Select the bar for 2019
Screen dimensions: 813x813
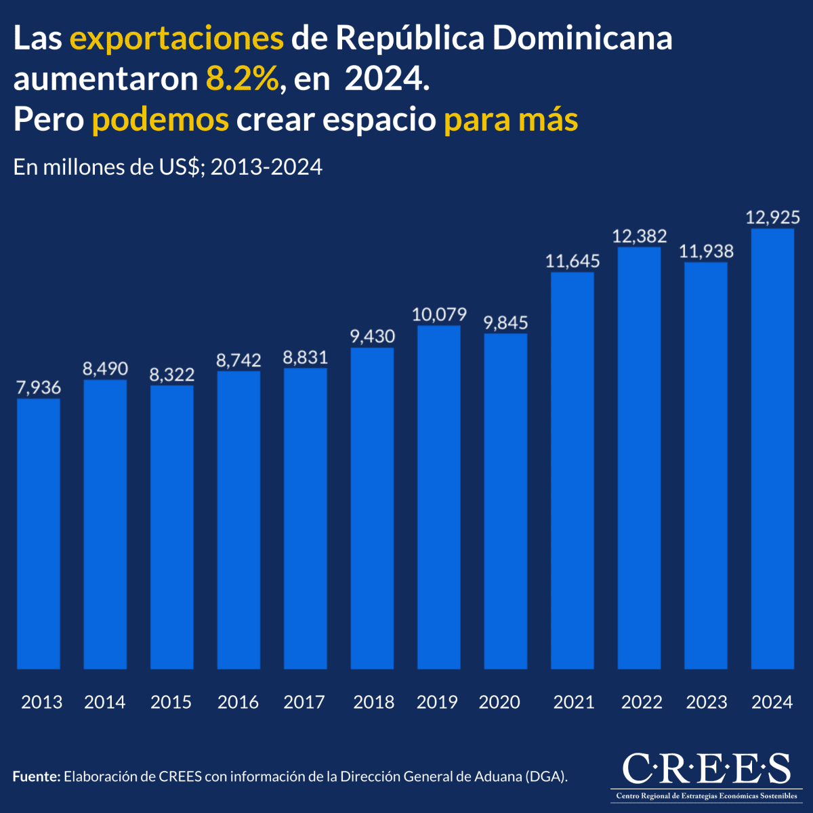pyautogui.click(x=439, y=497)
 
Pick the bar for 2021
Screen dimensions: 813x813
pyautogui.click(x=572, y=471)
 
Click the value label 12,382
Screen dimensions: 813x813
pyautogui.click(x=640, y=236)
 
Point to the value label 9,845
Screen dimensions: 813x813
pyautogui.click(x=505, y=322)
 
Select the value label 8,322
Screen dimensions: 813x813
pyautogui.click(x=171, y=375)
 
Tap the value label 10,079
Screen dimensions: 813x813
pyautogui.click(x=439, y=314)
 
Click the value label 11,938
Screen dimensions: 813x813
pyautogui.click(x=706, y=252)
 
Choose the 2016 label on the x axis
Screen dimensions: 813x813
pyautogui.click(x=238, y=702)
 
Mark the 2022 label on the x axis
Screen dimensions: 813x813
pyautogui.click(x=642, y=702)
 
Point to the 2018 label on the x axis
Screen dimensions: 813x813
pyautogui.click(x=373, y=702)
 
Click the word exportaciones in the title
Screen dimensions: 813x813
pyautogui.click(x=177, y=39)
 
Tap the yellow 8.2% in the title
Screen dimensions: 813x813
pyautogui.click(x=243, y=80)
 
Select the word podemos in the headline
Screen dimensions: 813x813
pyautogui.click(x=161, y=121)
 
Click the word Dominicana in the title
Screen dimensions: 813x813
pyautogui.click(x=582, y=39)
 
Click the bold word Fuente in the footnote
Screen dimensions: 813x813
pyautogui.click(x=37, y=776)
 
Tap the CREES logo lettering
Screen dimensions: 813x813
pyautogui.click(x=706, y=768)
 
